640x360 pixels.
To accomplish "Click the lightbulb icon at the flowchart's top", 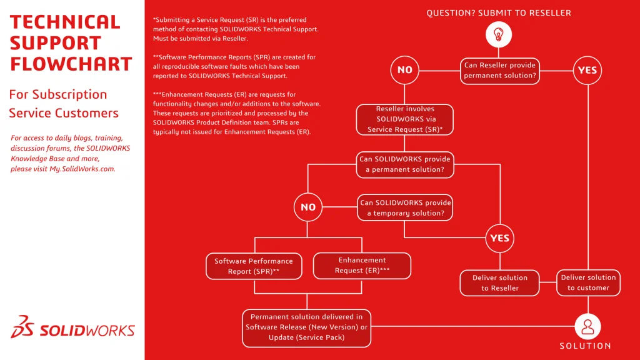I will pos(499,34).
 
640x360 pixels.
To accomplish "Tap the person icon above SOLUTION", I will pos(587,326).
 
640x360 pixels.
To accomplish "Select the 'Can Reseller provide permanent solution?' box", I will pos(499,70).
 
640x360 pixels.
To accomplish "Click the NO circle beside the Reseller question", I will pos(405,70).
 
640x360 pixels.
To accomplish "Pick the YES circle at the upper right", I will pos(587,70).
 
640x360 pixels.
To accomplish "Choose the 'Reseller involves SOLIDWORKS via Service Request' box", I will pos(404,119).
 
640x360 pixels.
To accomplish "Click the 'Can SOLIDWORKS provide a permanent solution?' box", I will pos(404,164).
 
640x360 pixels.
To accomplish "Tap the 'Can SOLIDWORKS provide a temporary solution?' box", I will pos(405,208).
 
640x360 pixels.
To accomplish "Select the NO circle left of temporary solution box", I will pos(308,207).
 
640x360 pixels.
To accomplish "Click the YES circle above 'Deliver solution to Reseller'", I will pos(499,237).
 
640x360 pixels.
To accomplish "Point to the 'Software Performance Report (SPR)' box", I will pos(254,266).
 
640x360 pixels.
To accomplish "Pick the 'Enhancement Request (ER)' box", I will pos(362,266).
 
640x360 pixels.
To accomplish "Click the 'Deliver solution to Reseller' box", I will pos(499,283).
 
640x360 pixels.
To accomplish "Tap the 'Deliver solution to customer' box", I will pos(588,282).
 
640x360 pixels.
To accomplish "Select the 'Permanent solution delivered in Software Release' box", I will pos(306,327).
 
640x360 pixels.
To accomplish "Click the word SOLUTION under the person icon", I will pos(585,346).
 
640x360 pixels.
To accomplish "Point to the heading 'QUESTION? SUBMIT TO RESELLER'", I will pos(499,12).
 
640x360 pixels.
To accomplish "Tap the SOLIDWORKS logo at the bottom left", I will pos(72,330).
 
